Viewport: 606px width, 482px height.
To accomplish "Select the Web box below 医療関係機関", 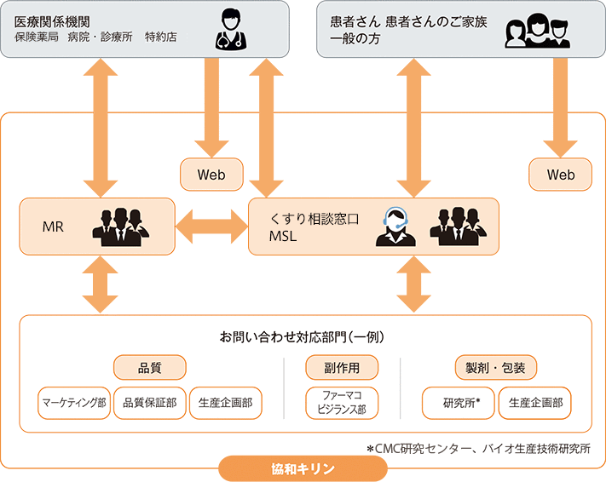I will (x=211, y=175).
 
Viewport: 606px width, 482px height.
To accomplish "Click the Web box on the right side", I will (x=561, y=175).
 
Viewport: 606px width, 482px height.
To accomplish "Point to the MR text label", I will (x=53, y=227).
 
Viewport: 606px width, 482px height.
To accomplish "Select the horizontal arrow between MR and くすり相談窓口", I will (x=211, y=227).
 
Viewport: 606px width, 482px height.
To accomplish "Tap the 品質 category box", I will (x=150, y=367).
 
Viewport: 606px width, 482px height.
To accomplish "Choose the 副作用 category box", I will (x=342, y=367).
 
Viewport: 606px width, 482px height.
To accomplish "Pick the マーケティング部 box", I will (x=73, y=403).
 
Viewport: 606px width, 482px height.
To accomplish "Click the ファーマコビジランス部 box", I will (x=342, y=403).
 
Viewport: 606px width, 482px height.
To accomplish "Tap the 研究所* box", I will (x=458, y=403).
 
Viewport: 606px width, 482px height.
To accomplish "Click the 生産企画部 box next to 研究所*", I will (x=534, y=403).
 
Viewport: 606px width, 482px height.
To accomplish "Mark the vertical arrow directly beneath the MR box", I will (x=101, y=285).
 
